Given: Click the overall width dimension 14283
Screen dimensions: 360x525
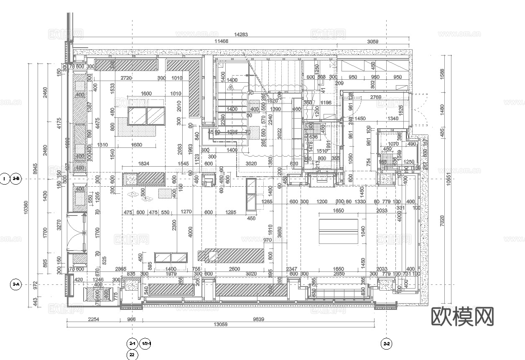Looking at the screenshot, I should pos(241,35).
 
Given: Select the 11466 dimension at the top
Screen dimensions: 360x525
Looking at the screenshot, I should pos(221,41).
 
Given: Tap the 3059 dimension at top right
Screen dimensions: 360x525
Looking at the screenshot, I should pos(372,41).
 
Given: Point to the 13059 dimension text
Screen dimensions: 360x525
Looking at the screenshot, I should pos(220,325).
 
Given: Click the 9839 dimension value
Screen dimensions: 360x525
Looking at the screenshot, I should pos(258,319).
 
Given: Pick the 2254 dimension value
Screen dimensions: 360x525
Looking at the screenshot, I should pos(94,319).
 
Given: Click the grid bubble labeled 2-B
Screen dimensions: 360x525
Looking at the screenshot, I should pos(16,179).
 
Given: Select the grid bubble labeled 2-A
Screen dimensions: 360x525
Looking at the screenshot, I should pos(16,285).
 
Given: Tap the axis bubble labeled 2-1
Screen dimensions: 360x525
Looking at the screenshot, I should pos(133,343).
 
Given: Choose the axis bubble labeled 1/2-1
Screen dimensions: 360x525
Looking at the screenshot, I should pos(145,343).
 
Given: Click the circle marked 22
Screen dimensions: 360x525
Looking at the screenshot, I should pos(133,355).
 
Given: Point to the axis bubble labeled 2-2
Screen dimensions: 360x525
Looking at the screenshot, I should pos(386,344).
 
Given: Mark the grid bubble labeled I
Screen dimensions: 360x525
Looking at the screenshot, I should pos(4,179).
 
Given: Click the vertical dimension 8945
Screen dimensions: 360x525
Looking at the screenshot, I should pos(36,168).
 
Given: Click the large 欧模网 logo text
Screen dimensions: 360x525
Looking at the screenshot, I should pos(462,316).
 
